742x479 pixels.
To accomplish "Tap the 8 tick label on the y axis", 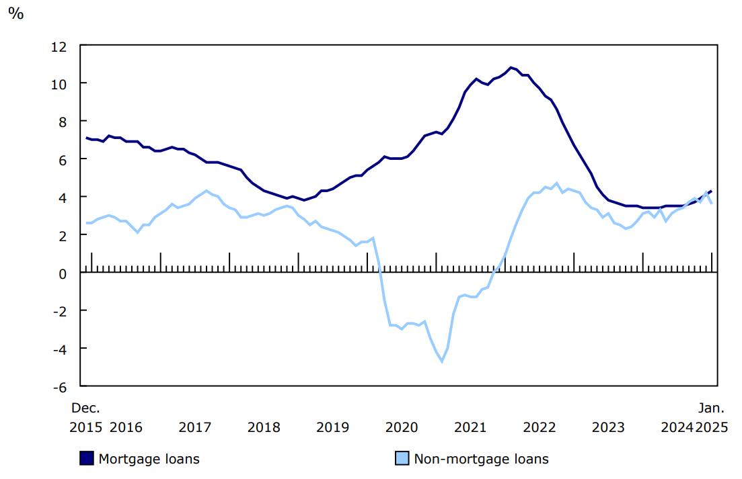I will pyautogui.click(x=63, y=122).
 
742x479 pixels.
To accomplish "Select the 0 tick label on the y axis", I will pyautogui.click(x=63, y=273).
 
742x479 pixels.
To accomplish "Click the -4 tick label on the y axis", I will pyautogui.click(x=60, y=349).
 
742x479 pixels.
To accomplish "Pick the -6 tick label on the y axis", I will pyautogui.click(x=60, y=386).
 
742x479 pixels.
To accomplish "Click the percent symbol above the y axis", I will pyautogui.click(x=15, y=13).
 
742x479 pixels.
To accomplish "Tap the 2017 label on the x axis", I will pyautogui.click(x=195, y=427).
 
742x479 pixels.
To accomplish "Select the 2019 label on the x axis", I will pyautogui.click(x=332, y=427).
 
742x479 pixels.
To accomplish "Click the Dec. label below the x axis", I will pyautogui.click(x=86, y=408).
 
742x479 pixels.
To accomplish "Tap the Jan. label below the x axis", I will pyautogui.click(x=711, y=408).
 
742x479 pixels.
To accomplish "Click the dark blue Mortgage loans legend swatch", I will pyautogui.click(x=87, y=459).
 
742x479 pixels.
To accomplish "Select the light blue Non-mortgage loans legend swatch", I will pyautogui.click(x=402, y=459).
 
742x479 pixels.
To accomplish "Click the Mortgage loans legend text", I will pyautogui.click(x=149, y=460).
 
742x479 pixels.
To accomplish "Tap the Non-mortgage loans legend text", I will pyautogui.click(x=481, y=460).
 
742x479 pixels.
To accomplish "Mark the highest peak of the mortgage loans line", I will pyautogui.click(x=511, y=67).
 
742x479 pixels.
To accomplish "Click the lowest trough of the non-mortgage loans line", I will pyautogui.click(x=442, y=361).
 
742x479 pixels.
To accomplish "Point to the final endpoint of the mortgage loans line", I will pyautogui.click(x=711, y=191).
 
